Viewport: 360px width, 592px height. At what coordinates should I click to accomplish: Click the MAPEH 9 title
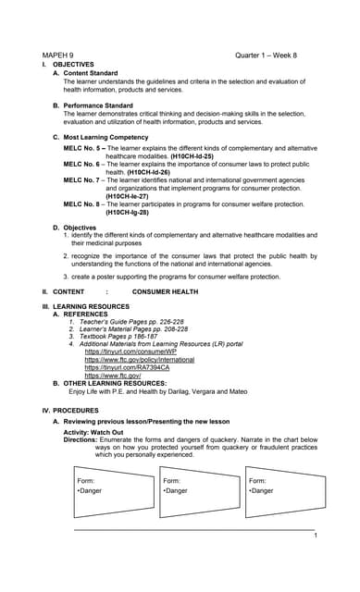point(57,55)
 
